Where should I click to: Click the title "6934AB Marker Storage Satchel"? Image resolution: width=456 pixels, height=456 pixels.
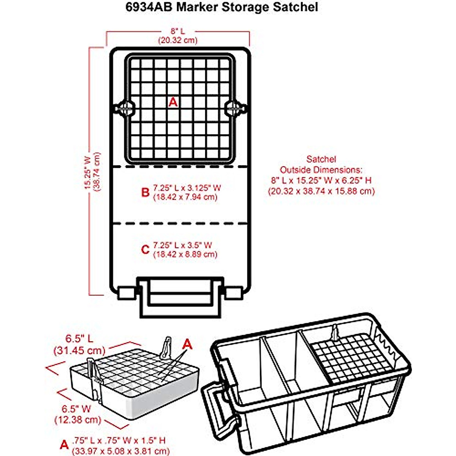tap(222, 7)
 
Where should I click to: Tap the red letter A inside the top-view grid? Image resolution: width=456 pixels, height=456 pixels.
tap(173, 102)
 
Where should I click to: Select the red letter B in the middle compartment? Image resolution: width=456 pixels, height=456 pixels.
tap(145, 192)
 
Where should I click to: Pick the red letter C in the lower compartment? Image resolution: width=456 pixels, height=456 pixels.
tap(145, 250)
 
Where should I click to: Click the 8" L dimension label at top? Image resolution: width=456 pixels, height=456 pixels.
tap(177, 32)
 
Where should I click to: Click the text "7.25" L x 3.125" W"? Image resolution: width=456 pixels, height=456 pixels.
tap(187, 188)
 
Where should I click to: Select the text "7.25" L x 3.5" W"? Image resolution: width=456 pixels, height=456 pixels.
tap(182, 245)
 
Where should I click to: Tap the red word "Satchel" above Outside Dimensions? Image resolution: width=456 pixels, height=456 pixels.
tap(321, 159)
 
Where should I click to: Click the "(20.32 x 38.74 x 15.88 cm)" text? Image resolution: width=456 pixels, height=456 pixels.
tap(321, 191)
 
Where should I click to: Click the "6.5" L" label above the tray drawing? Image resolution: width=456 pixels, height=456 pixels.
tap(79, 338)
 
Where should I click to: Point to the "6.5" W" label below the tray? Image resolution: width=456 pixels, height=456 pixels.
tap(76, 409)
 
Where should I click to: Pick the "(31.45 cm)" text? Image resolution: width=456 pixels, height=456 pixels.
tap(79, 349)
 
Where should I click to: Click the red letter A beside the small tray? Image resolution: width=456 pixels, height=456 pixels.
tap(187, 344)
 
